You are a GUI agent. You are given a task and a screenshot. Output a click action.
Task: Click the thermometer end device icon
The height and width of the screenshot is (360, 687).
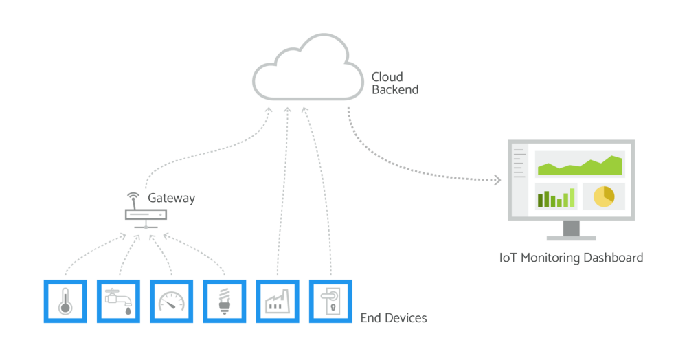click(x=65, y=302)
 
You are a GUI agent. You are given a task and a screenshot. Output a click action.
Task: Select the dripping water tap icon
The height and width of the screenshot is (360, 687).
click(x=118, y=302)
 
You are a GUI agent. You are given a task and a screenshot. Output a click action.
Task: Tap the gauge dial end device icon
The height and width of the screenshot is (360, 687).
click(x=171, y=302)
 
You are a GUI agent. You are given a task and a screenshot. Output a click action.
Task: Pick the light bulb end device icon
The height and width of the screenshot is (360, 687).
click(x=225, y=302)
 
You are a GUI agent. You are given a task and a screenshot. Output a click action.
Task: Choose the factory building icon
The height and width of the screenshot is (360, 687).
click(x=278, y=302)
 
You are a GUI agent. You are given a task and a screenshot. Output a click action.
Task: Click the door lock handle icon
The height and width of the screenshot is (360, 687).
click(x=330, y=302)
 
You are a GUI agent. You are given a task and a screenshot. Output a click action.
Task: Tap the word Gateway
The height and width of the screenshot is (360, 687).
click(x=171, y=198)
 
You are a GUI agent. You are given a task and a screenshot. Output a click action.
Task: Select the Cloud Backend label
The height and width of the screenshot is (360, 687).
click(x=395, y=83)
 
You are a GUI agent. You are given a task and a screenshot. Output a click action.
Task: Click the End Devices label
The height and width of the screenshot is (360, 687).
click(x=394, y=318)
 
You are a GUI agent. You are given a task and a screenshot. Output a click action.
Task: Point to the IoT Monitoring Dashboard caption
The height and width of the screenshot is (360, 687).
click(x=571, y=258)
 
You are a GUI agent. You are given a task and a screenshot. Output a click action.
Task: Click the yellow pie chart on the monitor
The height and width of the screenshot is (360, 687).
click(x=604, y=196)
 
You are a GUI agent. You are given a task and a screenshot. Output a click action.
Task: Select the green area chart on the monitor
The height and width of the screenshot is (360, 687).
click(x=580, y=166)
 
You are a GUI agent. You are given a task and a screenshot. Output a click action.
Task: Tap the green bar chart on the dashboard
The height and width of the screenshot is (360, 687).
click(x=556, y=198)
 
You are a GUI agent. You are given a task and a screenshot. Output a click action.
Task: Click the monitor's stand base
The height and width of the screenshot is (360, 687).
click(x=572, y=238)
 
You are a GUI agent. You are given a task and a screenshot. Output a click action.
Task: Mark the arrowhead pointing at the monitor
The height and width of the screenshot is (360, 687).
click(x=497, y=179)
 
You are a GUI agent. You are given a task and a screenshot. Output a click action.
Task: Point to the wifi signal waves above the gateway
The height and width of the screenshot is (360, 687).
click(x=133, y=195)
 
